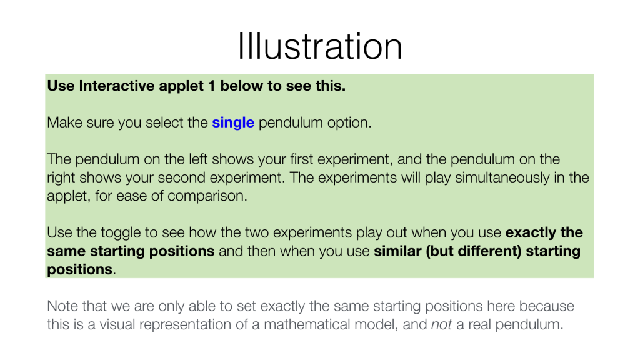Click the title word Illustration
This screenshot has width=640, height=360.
pyautogui.click(x=319, y=46)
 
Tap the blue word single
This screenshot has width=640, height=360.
pyautogui.click(x=233, y=122)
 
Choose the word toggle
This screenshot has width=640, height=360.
pyautogui.click(x=119, y=233)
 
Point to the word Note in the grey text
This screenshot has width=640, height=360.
pyautogui.click(x=64, y=307)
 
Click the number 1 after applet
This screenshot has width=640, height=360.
pyautogui.click(x=209, y=86)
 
